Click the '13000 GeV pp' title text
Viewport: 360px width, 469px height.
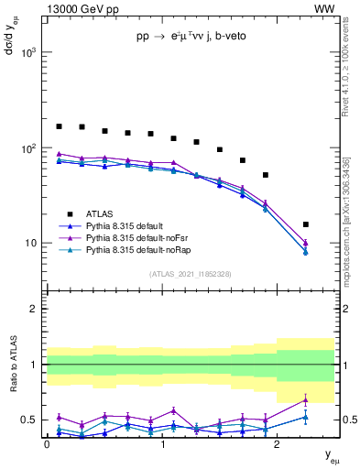click(80, 8)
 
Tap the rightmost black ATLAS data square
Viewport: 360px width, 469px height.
click(306, 224)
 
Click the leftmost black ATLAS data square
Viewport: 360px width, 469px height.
click(60, 126)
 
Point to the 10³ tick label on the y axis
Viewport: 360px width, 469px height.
click(28, 52)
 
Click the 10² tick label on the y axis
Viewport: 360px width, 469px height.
click(28, 148)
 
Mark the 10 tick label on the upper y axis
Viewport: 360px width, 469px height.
click(31, 244)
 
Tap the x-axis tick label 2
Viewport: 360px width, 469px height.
click(278, 444)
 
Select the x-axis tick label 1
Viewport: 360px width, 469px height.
click(162, 444)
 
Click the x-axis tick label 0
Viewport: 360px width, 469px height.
click(47, 444)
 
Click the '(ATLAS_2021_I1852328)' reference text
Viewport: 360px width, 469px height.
click(191, 274)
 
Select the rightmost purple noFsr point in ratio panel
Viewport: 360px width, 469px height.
click(306, 399)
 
